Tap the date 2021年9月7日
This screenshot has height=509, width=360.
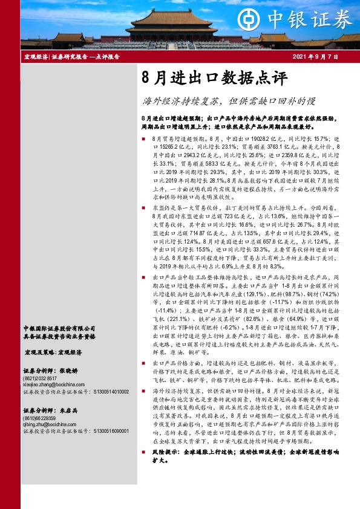click(315, 57)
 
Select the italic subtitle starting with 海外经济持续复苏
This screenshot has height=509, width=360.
click(229, 101)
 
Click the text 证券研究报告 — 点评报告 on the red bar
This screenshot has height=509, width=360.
click(85, 57)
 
